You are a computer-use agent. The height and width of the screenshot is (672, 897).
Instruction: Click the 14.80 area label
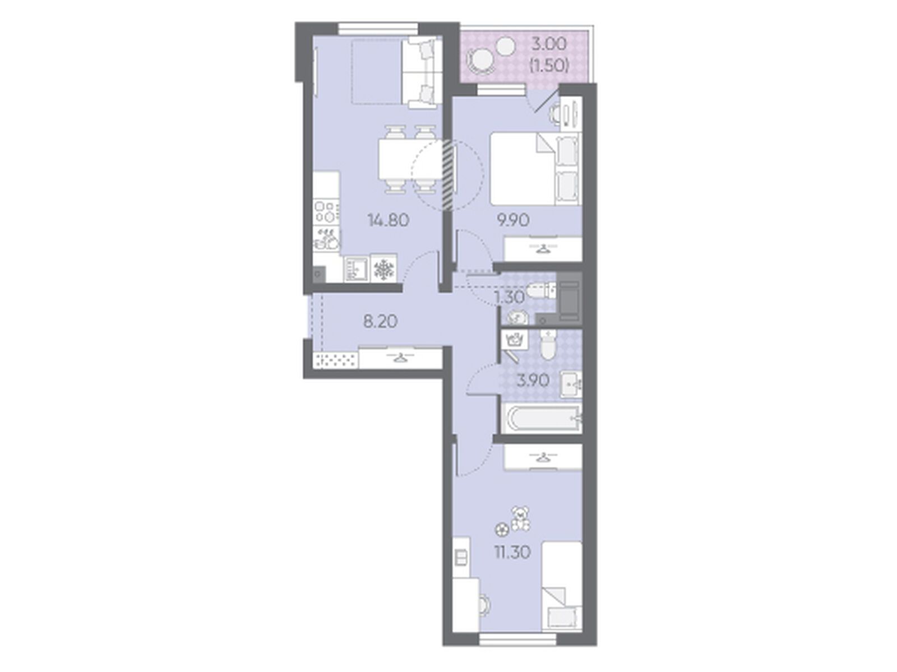click(x=388, y=221)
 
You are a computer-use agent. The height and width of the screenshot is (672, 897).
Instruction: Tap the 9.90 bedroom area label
click(x=512, y=221)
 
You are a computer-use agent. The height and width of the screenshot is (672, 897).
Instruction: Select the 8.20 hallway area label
click(x=380, y=322)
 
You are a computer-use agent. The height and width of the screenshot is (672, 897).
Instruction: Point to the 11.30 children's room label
click(x=512, y=553)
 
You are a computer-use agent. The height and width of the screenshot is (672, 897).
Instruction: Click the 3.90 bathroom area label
click(x=532, y=381)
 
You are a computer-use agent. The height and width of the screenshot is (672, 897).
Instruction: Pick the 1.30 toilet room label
click(x=509, y=298)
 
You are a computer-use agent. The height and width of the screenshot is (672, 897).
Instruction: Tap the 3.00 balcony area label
click(x=549, y=44)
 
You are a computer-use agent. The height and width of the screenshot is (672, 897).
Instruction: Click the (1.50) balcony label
click(x=549, y=66)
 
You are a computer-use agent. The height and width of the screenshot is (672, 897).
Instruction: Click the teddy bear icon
click(x=520, y=518)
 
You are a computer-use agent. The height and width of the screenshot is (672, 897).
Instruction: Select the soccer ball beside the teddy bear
click(x=501, y=530)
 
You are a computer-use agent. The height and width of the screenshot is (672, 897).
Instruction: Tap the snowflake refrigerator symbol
click(x=383, y=268)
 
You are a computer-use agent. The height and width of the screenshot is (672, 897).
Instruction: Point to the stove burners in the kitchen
click(x=326, y=211)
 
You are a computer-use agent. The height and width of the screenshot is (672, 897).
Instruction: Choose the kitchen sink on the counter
click(x=326, y=239)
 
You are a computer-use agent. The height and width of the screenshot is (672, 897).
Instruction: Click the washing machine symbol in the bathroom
click(x=515, y=339)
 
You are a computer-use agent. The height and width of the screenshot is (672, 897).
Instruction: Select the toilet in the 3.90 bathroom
click(x=548, y=346)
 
